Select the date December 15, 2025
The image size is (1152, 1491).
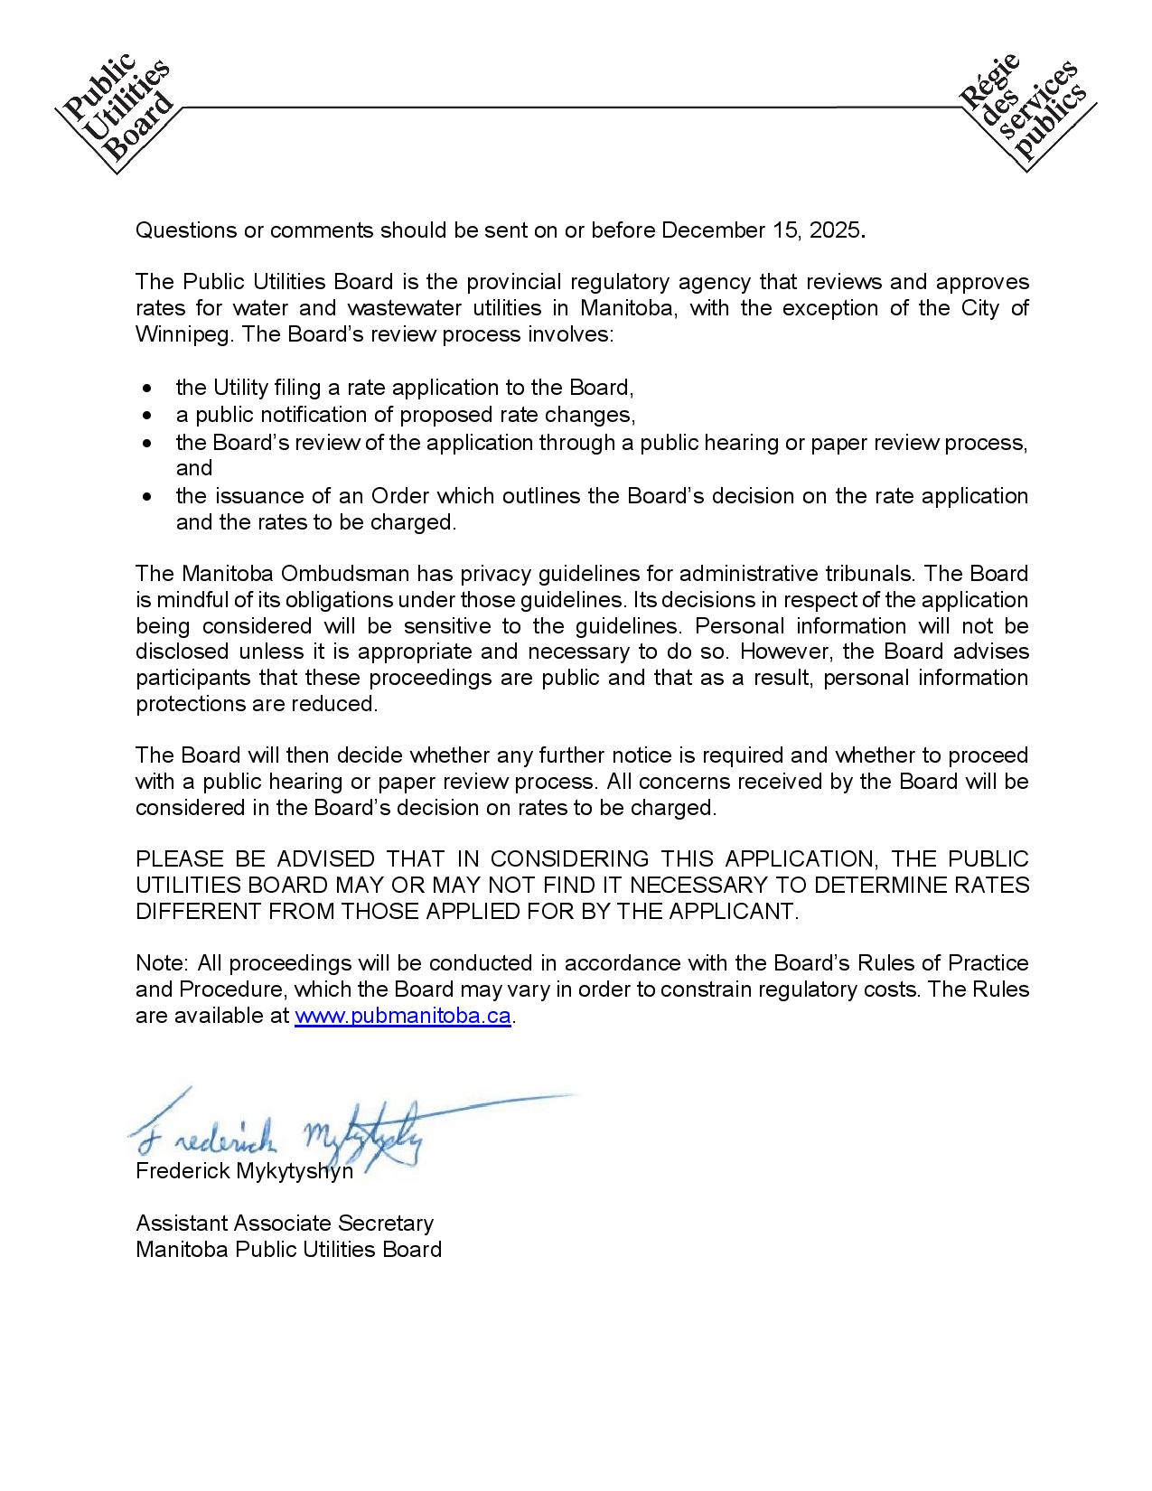[x=761, y=230]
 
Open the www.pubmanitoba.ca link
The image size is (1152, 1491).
[x=403, y=1015]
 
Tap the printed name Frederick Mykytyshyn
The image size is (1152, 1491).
[x=244, y=1171]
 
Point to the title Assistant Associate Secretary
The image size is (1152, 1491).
[x=285, y=1223]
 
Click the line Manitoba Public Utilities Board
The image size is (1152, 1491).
[x=288, y=1249]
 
